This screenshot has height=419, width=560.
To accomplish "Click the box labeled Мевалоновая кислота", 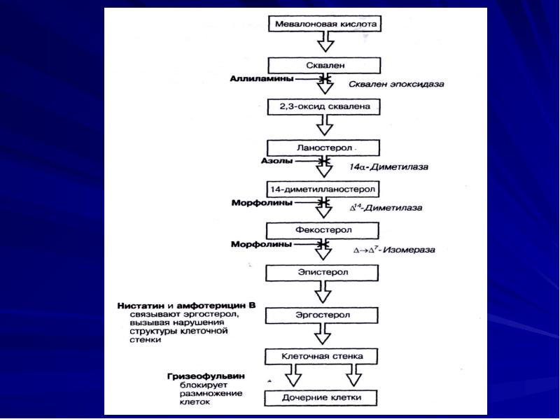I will coord(323,23).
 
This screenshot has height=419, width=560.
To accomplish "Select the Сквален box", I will coord(323,64).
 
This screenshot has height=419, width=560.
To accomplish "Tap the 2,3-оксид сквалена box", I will coord(323,107).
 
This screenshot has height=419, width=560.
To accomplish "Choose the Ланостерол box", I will coord(323,148).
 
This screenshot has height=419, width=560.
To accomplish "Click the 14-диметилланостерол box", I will coord(323,189).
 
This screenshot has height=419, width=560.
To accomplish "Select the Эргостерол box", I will coord(323,315).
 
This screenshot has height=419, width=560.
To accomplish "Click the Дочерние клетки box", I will coord(323,399).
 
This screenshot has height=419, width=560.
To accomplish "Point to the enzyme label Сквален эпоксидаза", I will coord(396,84).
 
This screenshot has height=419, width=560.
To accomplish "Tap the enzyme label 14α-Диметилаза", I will coord(388,167).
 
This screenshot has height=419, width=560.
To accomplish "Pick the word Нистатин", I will coord(143,307).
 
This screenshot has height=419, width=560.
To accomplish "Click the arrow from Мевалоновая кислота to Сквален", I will coord(323,43).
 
